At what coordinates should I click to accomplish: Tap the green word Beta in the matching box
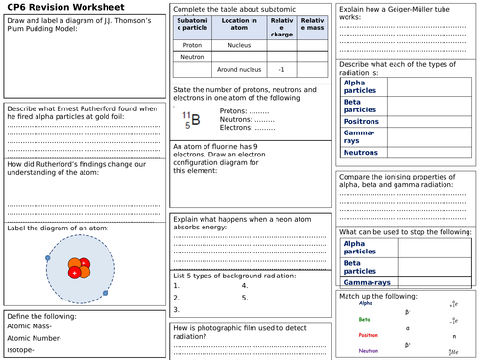[364, 320]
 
